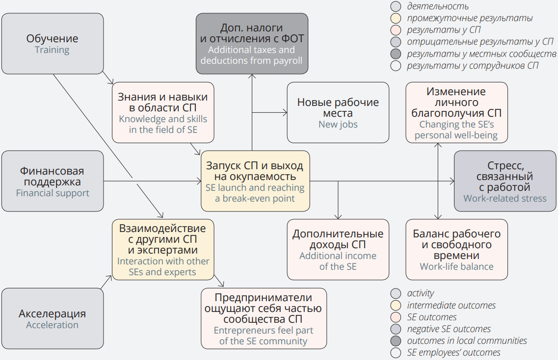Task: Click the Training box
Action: pyautogui.click(x=53, y=44)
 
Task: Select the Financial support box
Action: pyautogui.click(x=53, y=181)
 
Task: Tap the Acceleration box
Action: pyautogui.click(x=53, y=319)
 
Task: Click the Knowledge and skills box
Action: pyautogui.click(x=162, y=112)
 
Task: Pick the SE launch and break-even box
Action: pyautogui.click(x=255, y=181)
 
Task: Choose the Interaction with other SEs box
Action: pyautogui.click(x=163, y=250)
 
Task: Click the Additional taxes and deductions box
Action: pyautogui.click(x=252, y=44)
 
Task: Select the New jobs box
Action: pyautogui.click(x=338, y=112)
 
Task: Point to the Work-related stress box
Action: pyautogui.click(x=505, y=181)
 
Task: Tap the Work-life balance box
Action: pyautogui.click(x=456, y=250)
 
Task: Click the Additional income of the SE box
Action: pyautogui.click(x=338, y=250)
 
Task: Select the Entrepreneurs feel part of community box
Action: pyautogui.click(x=264, y=318)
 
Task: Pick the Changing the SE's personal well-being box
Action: pyautogui.click(x=456, y=112)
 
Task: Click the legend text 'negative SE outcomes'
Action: pyautogui.click(x=449, y=329)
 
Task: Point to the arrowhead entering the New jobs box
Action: pyautogui.click(x=285, y=113)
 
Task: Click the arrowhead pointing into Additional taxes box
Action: pyautogui.click(x=252, y=76)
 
